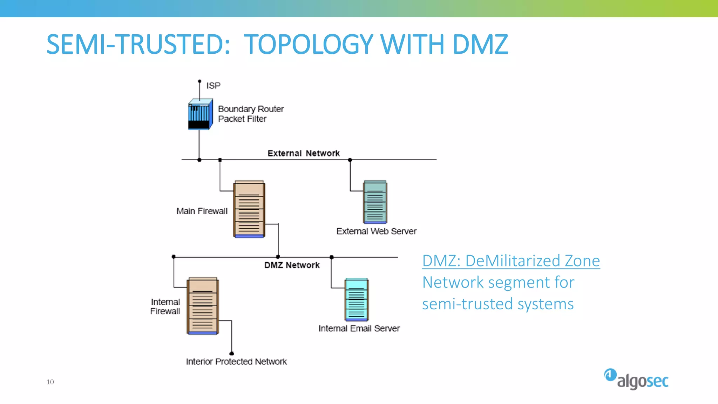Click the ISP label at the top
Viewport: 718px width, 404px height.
[x=213, y=86]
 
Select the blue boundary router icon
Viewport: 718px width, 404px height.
[x=200, y=114]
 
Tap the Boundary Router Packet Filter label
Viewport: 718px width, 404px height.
[x=250, y=114]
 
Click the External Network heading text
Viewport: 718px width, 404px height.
[x=303, y=153]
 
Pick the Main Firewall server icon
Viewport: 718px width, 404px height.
[x=249, y=209]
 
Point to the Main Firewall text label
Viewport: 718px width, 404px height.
[x=202, y=211]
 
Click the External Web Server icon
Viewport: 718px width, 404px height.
[x=375, y=202]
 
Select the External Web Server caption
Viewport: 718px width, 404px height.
[x=376, y=231]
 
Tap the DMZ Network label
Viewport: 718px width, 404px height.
[x=292, y=265]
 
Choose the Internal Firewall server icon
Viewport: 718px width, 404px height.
[x=203, y=306]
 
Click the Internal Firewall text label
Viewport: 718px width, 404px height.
[x=165, y=307]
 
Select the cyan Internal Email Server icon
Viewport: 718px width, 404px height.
[x=357, y=299]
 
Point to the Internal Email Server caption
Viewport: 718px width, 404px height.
[x=359, y=329]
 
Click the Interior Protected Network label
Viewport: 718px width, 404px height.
[x=236, y=362]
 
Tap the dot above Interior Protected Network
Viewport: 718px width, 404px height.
[x=231, y=353]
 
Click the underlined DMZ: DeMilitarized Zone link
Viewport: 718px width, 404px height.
[x=511, y=261]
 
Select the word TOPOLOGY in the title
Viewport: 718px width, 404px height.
[x=308, y=45]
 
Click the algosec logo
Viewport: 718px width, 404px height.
[x=636, y=379]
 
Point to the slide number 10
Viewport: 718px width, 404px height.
[x=50, y=382]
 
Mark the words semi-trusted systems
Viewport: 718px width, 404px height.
[x=497, y=304]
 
